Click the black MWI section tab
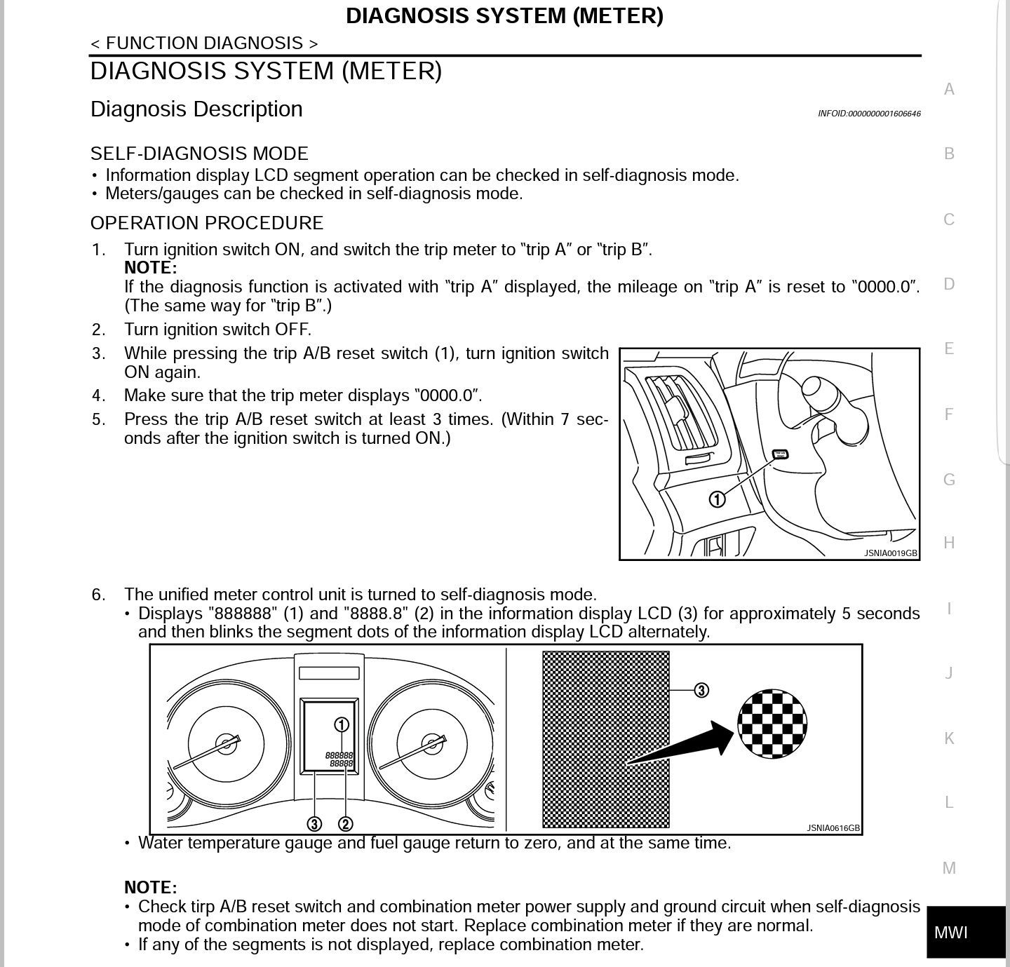[966, 932]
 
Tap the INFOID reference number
[869, 114]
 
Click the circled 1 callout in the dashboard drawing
[718, 499]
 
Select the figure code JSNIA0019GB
[891, 553]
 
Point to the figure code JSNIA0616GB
[833, 828]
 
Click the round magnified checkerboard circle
[772, 724]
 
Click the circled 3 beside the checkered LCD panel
[701, 691]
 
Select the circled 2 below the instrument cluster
[346, 824]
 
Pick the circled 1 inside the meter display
[342, 725]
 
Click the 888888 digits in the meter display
[339, 755]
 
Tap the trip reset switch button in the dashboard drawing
[780, 454]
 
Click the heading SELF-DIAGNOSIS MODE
[199, 154]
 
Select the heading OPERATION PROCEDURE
[207, 223]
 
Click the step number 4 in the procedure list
[98, 395]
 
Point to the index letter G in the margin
[949, 480]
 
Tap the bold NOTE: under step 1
[151, 268]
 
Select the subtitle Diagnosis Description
[196, 109]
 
